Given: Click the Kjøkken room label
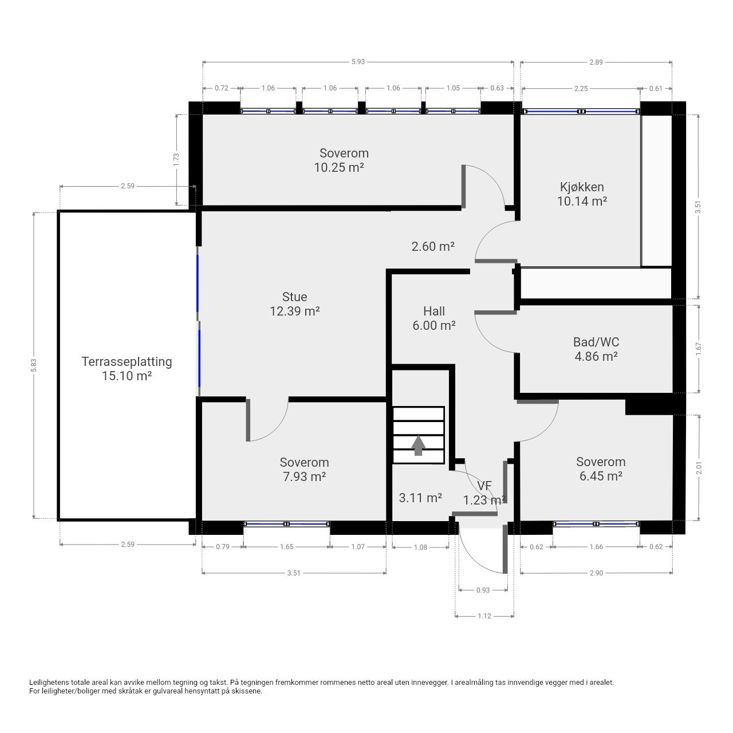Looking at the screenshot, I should (582, 187).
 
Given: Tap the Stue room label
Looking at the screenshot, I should (294, 297).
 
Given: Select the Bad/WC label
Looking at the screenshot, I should (596, 342).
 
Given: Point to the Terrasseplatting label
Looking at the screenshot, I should (127, 361).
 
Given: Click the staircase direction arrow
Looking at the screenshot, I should (418, 445).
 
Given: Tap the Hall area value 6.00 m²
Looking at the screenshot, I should (434, 326).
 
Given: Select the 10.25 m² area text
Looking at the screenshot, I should (339, 167).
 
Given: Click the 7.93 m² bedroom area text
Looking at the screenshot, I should (304, 476).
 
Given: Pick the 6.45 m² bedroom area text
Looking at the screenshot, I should (601, 476).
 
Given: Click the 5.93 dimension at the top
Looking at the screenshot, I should (358, 62).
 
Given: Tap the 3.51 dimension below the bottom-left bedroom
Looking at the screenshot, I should (294, 573).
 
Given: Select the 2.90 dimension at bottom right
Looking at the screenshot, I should (596, 573).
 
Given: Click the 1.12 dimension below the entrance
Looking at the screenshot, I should (484, 616).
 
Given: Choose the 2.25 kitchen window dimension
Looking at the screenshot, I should (581, 88).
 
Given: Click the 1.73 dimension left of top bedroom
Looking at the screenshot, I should (176, 159).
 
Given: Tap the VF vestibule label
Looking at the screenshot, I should (484, 486).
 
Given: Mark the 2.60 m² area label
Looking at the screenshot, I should (433, 247).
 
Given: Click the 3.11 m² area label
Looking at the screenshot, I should (420, 498).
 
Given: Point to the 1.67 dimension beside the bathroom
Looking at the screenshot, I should (698, 349).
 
